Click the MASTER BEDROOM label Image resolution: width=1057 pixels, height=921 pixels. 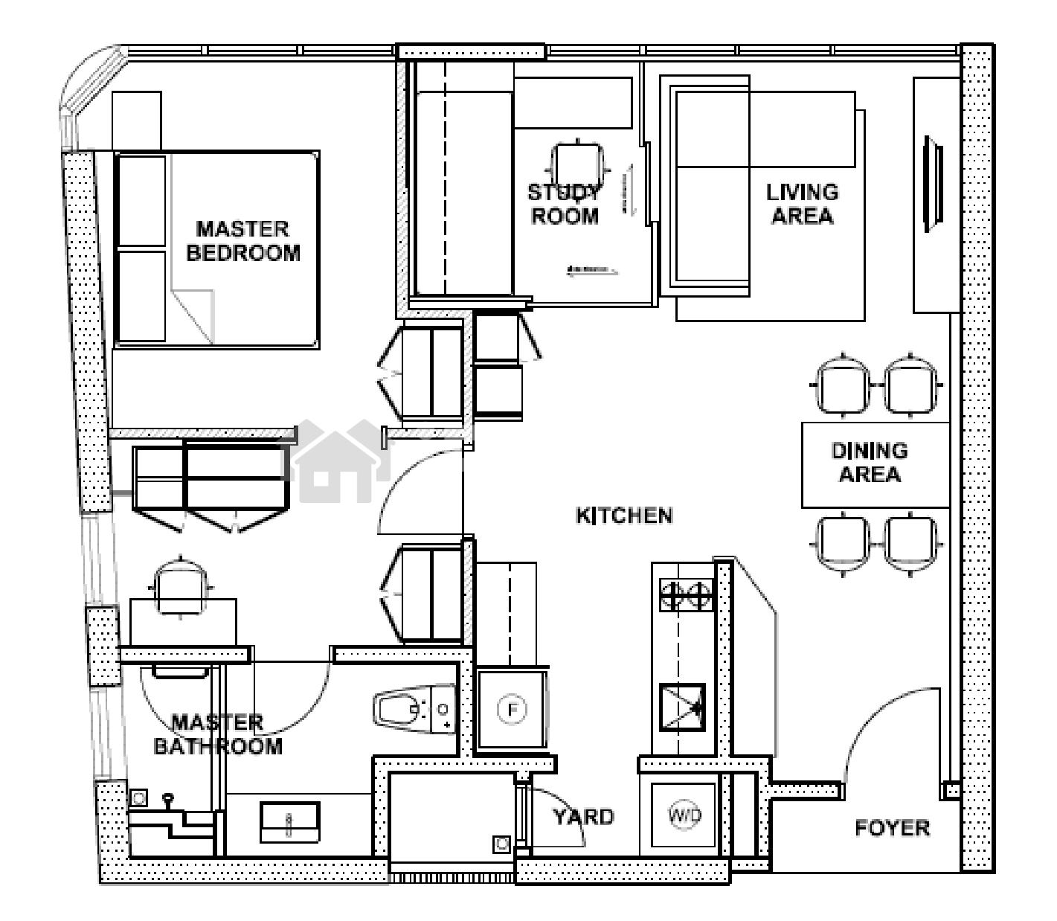coord(242,241)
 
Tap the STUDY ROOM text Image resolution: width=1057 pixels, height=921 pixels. coord(564,205)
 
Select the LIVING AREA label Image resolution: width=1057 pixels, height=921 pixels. coord(803,205)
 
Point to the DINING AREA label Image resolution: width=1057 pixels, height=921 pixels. coord(870,463)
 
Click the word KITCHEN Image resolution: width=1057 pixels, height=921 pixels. coord(624,516)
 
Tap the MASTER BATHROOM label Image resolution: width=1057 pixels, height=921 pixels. coord(218,735)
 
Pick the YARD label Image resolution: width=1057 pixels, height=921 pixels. coord(584,817)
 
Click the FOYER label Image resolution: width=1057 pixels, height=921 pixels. coord(892,829)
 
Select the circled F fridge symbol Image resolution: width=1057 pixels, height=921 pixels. coord(512,710)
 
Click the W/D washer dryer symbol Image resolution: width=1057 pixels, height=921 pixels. coord(684,816)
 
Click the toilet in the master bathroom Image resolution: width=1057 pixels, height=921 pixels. coord(414,709)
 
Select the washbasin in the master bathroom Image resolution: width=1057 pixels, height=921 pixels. coord(289,822)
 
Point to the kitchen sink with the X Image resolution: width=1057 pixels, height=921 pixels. coord(682,707)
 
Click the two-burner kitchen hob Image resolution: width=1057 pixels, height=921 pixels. coord(687,594)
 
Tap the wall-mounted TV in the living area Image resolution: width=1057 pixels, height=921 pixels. coord(933,184)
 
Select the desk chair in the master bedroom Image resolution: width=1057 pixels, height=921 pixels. coord(180,586)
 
